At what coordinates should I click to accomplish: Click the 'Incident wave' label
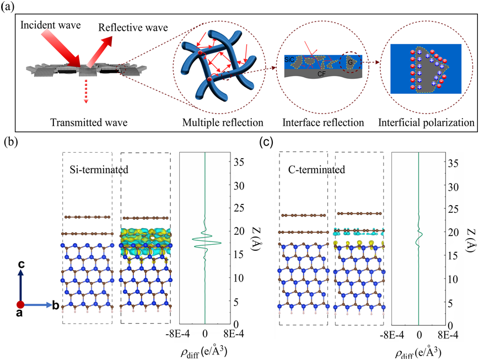(x=50, y=26)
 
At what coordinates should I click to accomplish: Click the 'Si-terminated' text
(x=101, y=169)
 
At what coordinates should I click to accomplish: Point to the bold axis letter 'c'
(x=21, y=265)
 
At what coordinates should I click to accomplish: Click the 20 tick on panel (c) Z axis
(x=452, y=232)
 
